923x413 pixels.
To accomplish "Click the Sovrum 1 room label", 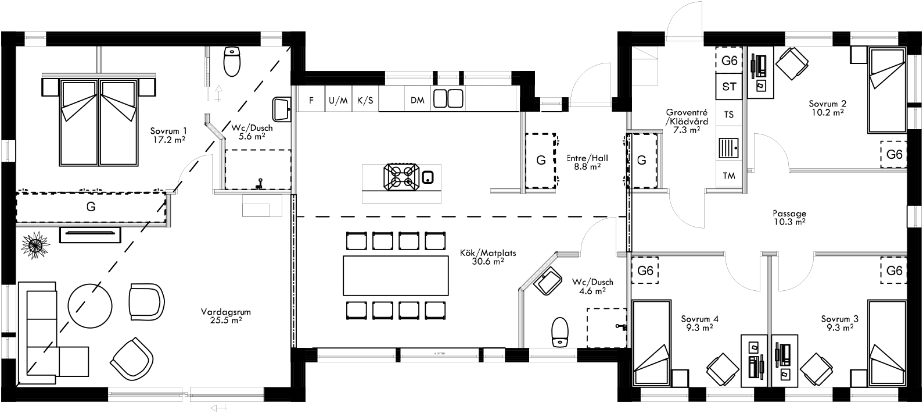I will click(168, 136).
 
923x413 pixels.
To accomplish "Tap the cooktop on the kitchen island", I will click(401, 177).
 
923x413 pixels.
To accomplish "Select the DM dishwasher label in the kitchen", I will click(418, 100).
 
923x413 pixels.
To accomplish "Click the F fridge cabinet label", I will click(311, 100).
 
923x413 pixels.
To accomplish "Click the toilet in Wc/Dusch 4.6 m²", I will click(560, 332).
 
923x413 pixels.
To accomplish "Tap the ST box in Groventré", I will click(730, 87).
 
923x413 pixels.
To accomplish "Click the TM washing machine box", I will click(728, 175).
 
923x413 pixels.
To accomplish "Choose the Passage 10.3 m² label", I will click(789, 217).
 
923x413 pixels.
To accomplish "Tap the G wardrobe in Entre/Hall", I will click(541, 161).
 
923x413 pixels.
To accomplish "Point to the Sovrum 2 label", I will click(827, 108).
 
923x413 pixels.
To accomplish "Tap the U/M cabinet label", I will click(338, 100).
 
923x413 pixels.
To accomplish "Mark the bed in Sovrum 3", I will click(886, 343).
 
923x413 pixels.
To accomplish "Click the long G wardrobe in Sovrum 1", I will click(91, 206).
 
